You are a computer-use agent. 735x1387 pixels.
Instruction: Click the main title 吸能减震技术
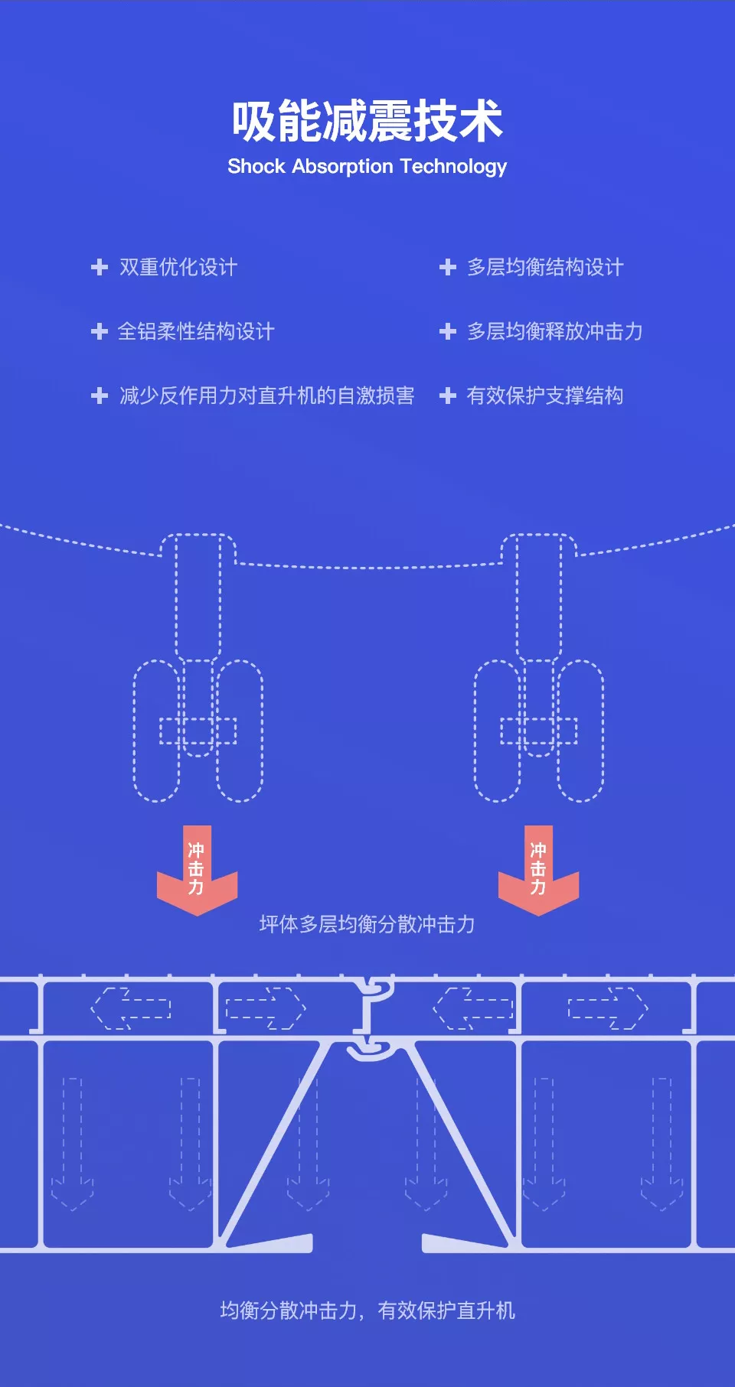coord(367,121)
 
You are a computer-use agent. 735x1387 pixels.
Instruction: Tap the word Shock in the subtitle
coord(256,166)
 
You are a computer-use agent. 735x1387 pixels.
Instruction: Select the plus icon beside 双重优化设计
coord(100,267)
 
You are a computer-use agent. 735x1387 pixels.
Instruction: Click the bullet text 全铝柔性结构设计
coord(196,331)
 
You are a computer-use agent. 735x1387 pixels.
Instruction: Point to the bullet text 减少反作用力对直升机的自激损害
coord(267,396)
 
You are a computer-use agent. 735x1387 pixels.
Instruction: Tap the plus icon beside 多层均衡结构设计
coord(448,267)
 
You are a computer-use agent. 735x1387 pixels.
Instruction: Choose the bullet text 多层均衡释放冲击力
coord(555,331)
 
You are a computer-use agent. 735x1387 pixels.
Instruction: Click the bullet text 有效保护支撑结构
coord(545,396)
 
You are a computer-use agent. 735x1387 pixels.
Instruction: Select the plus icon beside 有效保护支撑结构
coord(448,396)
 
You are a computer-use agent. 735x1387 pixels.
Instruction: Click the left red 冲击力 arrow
coord(198,871)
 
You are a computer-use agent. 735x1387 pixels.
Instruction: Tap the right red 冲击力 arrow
coord(539,871)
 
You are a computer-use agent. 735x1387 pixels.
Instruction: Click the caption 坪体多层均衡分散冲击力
coord(367,924)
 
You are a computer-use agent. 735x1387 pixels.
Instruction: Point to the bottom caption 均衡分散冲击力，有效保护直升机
coord(367,1310)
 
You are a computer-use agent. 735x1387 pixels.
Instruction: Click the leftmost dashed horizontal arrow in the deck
coord(131,1008)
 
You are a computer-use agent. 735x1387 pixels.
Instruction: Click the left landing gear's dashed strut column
coord(198,597)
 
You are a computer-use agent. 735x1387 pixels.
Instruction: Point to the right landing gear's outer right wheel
coord(580,731)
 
